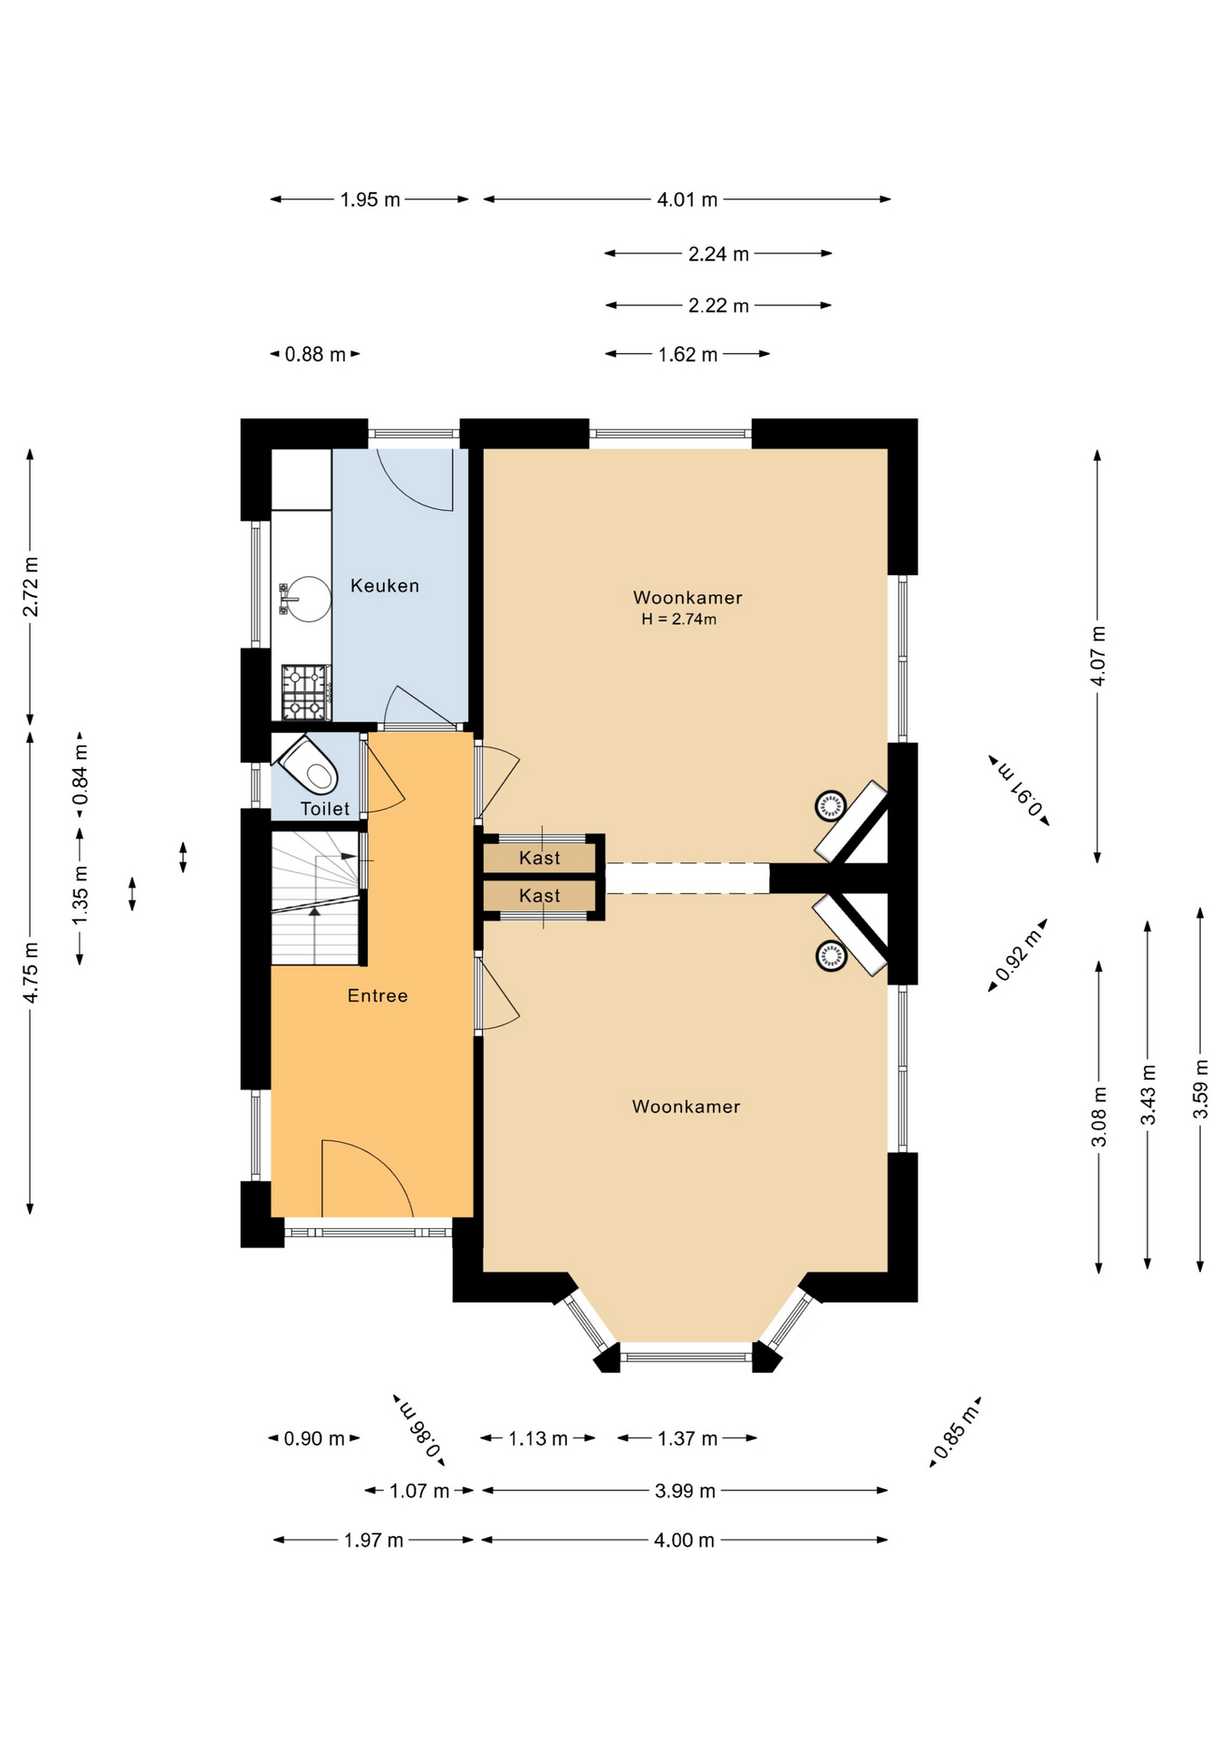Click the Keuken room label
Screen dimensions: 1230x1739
coord(385,586)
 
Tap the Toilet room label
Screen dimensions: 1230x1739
coord(325,809)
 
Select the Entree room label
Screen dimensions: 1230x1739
coord(378,995)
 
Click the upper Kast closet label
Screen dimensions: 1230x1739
coord(540,858)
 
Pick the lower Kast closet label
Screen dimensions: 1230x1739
coord(540,896)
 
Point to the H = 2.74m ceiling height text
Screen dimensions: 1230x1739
coord(678,620)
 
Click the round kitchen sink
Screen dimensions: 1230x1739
coord(307,599)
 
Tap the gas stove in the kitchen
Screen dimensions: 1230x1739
coord(306,692)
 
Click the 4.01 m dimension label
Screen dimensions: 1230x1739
coord(687,199)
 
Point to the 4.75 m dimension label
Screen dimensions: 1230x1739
coord(31,972)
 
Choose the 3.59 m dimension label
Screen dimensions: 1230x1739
coord(1201,1089)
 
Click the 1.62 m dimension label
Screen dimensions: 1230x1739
coord(688,354)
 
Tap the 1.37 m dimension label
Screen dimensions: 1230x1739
coord(687,1438)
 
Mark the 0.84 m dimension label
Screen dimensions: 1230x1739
coord(81,774)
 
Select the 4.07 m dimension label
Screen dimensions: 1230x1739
coord(1098,656)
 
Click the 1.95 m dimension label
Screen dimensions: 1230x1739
coord(370,199)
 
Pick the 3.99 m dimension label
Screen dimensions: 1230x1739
coord(686,1491)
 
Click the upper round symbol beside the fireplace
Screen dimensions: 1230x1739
coord(831,805)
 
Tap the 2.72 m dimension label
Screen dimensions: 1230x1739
coord(31,587)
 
